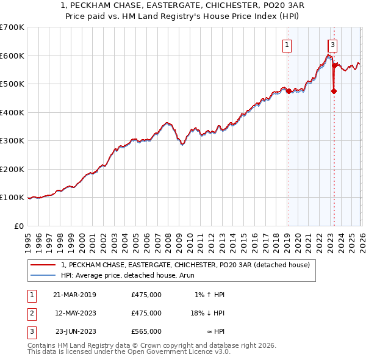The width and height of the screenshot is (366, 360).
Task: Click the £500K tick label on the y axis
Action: point(12,84)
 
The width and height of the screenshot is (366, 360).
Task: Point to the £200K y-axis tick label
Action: point(12,169)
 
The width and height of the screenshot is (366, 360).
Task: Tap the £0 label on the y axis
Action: point(18,226)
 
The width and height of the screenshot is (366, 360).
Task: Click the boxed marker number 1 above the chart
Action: point(287,44)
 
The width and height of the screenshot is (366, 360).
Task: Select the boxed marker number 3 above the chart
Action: point(332,44)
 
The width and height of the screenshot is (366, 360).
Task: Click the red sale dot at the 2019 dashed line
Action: point(289,92)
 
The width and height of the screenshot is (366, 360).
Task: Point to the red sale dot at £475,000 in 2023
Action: point(334,92)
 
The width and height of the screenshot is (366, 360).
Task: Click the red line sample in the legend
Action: point(43,265)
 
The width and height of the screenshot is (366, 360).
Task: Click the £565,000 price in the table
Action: point(146,331)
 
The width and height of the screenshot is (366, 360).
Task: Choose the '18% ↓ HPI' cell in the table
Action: point(207,313)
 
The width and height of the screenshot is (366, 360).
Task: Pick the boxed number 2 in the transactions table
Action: point(31,313)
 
